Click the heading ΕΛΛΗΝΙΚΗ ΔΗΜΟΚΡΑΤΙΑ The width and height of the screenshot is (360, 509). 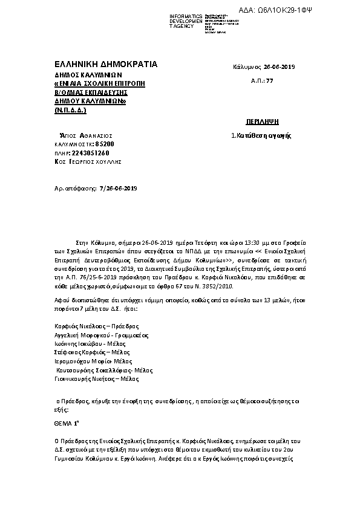click(105, 63)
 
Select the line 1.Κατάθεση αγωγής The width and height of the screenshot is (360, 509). click(261, 136)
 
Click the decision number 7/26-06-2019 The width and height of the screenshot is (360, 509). click(118, 189)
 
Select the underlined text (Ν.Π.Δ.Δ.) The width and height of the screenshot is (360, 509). click(70, 111)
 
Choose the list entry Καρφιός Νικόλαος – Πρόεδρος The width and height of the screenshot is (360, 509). click(88, 326)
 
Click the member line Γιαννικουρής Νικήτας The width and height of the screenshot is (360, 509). click(97, 379)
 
